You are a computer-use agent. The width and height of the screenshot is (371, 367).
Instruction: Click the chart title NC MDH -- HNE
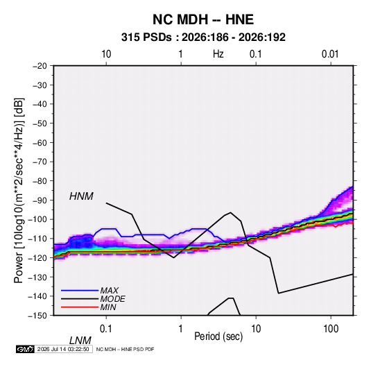[203, 19]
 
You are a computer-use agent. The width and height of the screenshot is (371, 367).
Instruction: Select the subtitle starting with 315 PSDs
[203, 37]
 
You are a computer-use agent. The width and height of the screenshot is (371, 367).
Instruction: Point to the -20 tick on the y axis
[40, 66]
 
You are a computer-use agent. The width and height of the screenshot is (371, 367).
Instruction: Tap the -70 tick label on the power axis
[40, 162]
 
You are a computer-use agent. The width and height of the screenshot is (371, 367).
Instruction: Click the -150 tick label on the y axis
[37, 316]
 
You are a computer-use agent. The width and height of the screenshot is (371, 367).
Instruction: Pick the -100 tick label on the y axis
[37, 219]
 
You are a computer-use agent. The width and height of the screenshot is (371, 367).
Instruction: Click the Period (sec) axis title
[218, 336]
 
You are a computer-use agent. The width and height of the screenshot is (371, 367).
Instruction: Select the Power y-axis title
[19, 191]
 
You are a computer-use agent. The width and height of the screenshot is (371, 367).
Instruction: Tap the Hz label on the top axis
[218, 54]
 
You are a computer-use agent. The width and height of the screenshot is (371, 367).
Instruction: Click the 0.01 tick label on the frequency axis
[330, 54]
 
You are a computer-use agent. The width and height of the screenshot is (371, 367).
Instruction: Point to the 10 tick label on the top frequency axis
[106, 54]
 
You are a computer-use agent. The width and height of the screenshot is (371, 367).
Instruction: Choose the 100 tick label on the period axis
[331, 329]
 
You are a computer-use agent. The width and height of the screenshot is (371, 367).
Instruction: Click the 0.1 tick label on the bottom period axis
[105, 329]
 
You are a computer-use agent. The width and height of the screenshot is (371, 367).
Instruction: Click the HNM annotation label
[81, 196]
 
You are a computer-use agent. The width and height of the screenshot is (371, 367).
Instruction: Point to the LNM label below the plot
[80, 341]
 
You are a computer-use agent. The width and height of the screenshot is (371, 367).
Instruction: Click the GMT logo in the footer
[25, 349]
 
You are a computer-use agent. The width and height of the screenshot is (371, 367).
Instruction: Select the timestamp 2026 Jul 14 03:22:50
[63, 349]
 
